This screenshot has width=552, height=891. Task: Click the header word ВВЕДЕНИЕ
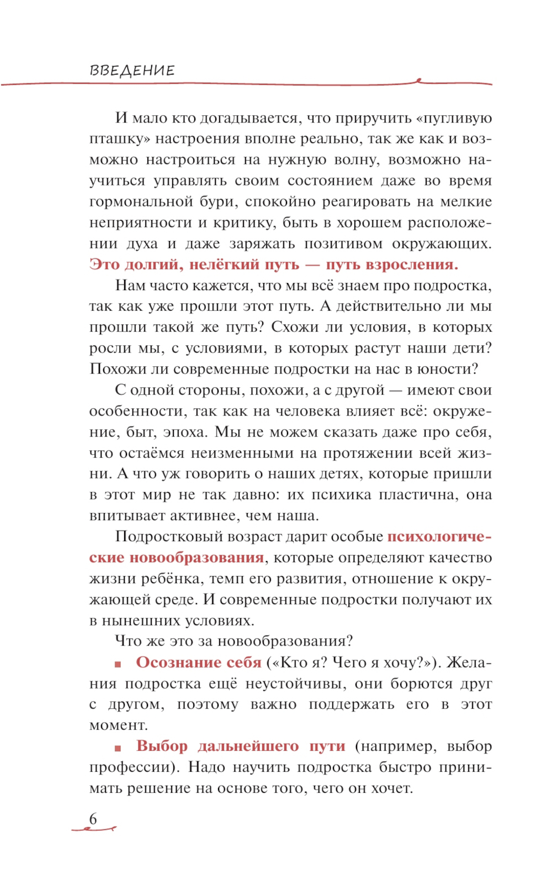[x=132, y=71]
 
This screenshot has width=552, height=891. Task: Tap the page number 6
[x=93, y=818]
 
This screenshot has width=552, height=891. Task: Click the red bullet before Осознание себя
[x=118, y=664]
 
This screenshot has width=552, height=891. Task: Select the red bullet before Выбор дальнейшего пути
[x=118, y=748]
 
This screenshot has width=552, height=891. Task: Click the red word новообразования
[x=197, y=558]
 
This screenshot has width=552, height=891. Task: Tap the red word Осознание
[x=172, y=662]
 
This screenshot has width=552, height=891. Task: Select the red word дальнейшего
[x=248, y=746]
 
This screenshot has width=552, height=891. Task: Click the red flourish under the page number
[x=94, y=829]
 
